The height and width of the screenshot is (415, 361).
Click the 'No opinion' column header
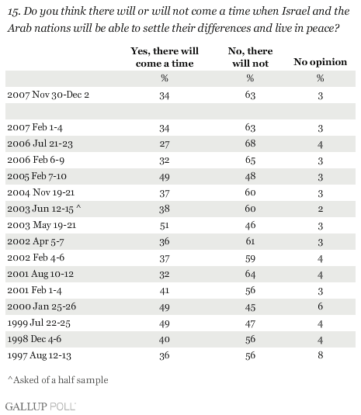320,62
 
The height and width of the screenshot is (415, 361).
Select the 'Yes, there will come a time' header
165,57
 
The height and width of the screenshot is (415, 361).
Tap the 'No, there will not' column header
250,57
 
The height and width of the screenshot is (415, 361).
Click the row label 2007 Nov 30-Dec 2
48,95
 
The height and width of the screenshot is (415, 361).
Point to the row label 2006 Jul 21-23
40,144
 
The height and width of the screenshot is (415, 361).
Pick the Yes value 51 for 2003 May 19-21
165,226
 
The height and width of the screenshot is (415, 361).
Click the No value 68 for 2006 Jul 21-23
250,144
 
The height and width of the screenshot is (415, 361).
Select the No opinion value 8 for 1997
320,355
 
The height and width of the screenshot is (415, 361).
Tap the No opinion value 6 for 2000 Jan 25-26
320,306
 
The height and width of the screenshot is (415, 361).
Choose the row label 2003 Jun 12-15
44,209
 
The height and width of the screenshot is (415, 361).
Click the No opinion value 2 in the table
320,209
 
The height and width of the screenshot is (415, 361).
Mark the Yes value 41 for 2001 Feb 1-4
165,291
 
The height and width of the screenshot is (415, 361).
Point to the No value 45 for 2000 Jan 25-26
250,307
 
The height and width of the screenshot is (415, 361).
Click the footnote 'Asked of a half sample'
58,380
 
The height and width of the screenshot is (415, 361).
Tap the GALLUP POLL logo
40,406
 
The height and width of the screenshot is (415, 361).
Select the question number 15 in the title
14,12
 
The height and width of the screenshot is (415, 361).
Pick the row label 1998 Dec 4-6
34,339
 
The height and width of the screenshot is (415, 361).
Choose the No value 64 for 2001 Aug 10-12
250,274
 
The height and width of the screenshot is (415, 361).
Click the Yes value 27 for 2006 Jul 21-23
165,144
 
